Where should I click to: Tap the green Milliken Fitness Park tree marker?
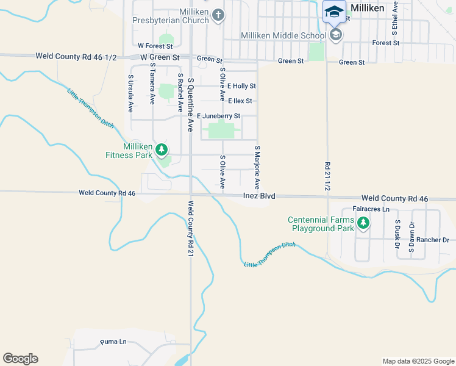tap(161, 149)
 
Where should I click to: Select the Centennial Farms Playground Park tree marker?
tap(363, 223)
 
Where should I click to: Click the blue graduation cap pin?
tap(334, 12)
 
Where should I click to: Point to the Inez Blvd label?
tap(259, 196)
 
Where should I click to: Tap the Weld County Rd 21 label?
tap(191, 229)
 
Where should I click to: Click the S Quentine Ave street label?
tap(190, 104)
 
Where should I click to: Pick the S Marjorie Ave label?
tap(257, 167)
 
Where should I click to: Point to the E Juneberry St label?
tap(218, 116)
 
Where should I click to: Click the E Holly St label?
tap(241, 86)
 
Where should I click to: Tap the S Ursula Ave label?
tap(130, 93)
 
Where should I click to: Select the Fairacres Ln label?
tap(371, 209)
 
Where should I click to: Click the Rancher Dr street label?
tap(433, 240)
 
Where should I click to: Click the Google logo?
tap(20, 359)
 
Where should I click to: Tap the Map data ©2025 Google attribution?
tap(418, 361)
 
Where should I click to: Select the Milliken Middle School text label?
tap(283, 35)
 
